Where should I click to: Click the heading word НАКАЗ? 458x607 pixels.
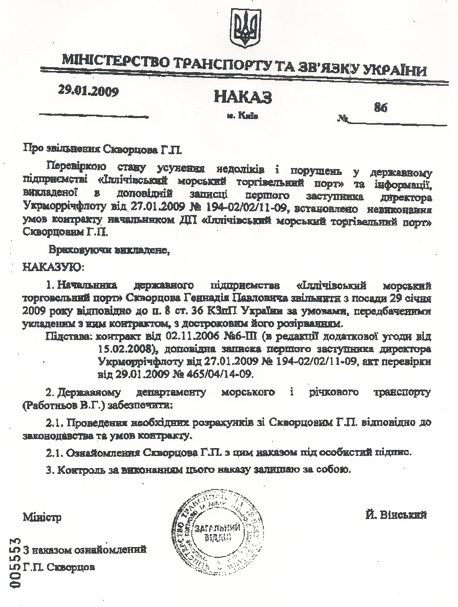(x=243, y=97)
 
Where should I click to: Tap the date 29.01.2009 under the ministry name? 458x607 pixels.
(x=88, y=91)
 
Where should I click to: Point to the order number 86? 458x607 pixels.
(x=380, y=107)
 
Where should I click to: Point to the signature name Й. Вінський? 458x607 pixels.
(x=396, y=515)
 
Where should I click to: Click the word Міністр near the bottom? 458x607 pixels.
(x=42, y=517)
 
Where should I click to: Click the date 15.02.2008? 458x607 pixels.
(x=125, y=349)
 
